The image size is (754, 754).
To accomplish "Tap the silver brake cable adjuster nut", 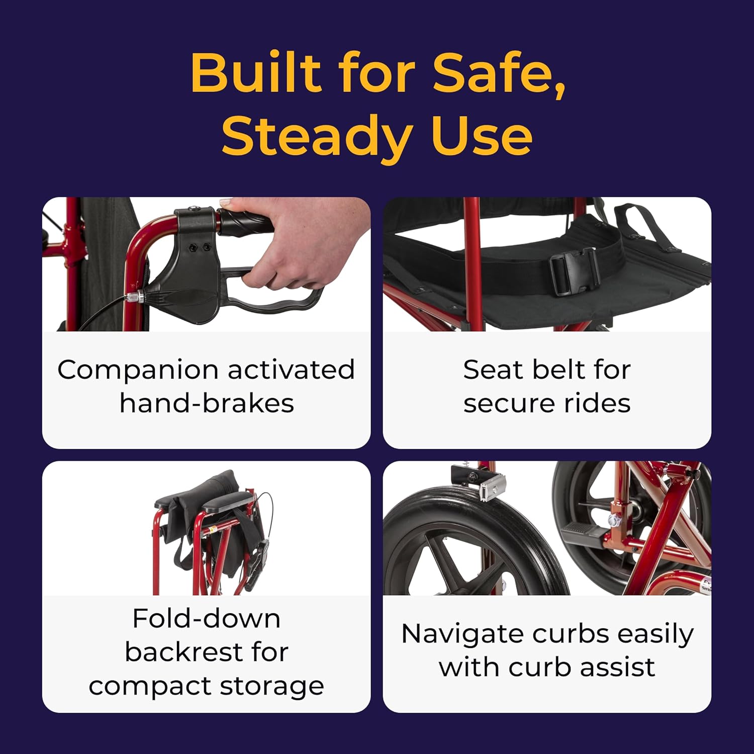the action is point(135,297).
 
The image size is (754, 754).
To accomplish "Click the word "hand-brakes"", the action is point(207,403).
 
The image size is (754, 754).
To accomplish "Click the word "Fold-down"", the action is point(207,618).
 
